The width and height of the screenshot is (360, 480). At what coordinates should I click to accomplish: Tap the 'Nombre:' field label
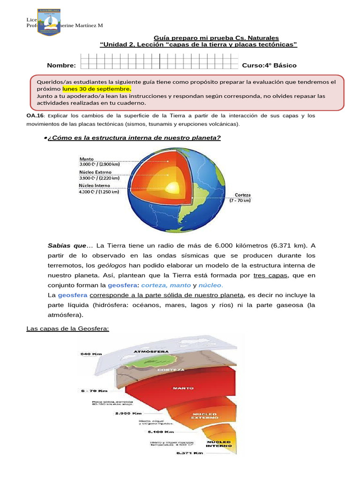tap(61, 66)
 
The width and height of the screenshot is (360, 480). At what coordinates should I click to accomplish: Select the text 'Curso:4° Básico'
tap(269, 66)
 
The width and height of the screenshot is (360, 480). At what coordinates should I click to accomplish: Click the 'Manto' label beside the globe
tap(88, 158)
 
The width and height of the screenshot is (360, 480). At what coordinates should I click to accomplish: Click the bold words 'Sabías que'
tap(67, 246)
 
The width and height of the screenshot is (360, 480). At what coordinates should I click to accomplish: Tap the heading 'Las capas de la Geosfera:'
tap(67, 329)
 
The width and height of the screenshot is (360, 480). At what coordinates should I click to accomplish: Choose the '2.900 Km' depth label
tap(113, 413)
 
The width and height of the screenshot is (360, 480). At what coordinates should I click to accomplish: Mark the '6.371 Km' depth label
tap(189, 453)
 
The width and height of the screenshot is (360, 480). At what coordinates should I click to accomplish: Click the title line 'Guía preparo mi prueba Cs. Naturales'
tap(216, 37)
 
